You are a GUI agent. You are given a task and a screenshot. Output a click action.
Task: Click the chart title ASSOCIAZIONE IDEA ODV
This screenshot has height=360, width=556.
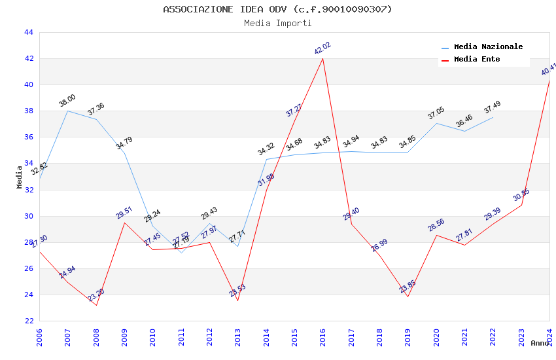click(277, 9)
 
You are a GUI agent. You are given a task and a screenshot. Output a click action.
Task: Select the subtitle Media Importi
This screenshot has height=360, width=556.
click(277, 23)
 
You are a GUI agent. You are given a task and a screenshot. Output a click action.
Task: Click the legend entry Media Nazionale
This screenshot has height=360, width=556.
click(488, 46)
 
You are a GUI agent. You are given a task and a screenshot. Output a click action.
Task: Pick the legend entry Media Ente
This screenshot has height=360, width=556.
click(476, 59)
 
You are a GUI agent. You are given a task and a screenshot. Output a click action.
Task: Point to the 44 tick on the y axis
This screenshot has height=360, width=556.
click(28, 32)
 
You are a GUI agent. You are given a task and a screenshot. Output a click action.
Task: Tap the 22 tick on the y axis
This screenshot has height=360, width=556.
click(28, 321)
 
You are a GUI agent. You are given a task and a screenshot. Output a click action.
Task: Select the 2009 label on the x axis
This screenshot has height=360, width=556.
click(125, 337)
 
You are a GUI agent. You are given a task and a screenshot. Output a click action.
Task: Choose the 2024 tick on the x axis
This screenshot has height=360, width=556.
click(549, 337)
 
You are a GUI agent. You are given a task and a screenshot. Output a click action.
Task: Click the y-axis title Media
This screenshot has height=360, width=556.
click(20, 177)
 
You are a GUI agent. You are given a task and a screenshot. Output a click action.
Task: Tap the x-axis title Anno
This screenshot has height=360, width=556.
click(540, 343)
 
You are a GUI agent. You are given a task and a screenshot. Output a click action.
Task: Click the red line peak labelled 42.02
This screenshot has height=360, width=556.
click(322, 58)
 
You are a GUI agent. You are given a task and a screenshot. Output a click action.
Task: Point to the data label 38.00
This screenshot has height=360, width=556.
click(67, 101)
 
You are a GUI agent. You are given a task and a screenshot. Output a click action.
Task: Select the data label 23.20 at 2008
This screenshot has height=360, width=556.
click(96, 295)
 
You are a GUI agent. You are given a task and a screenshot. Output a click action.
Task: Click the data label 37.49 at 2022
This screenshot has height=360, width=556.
click(493, 107)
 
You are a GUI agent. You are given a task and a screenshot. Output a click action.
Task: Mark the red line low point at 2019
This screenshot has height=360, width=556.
click(408, 297)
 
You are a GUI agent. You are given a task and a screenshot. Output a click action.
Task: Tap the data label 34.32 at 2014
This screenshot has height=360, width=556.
click(266, 149)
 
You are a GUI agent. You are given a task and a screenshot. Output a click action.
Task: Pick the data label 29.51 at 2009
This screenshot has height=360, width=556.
click(124, 212)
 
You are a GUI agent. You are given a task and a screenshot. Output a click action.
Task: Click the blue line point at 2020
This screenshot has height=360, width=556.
click(436, 123)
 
